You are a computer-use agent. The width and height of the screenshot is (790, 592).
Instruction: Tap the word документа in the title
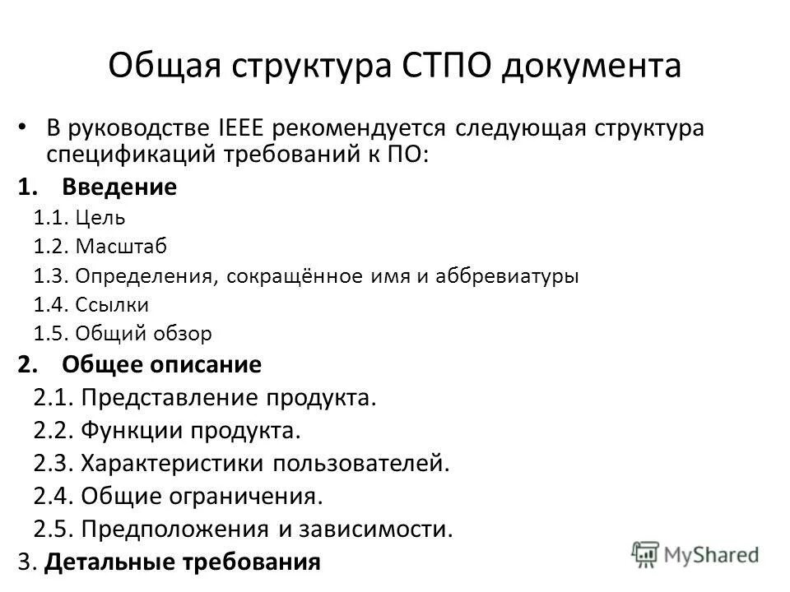click(591, 66)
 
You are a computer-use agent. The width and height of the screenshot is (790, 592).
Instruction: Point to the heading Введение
click(118, 187)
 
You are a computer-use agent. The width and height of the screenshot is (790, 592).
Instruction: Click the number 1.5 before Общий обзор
click(51, 334)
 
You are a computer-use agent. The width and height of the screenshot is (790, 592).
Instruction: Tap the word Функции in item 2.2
click(133, 431)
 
